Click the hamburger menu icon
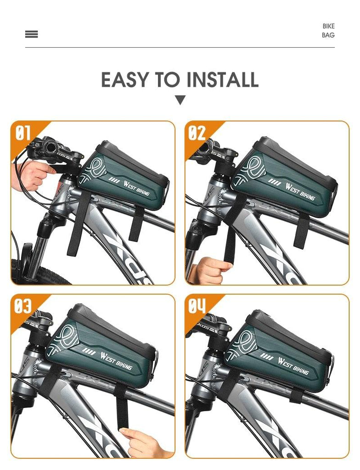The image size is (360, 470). (32, 34)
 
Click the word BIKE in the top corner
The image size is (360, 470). (328, 26)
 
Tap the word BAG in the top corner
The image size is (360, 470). (328, 35)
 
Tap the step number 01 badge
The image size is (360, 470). (23, 133)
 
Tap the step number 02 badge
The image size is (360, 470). (197, 133)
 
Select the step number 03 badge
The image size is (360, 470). (23, 306)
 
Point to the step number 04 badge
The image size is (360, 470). (197, 306)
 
